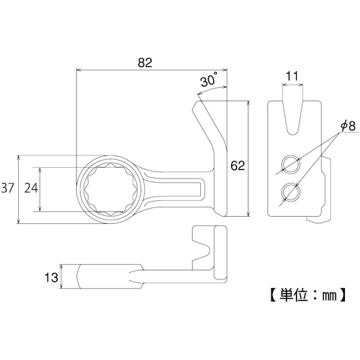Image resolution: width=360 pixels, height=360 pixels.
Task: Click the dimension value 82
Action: [145, 63]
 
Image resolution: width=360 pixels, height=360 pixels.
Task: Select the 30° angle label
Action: [209, 79]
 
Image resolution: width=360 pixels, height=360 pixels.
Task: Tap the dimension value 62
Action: [238, 166]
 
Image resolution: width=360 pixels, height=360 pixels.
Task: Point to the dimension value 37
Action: [8, 188]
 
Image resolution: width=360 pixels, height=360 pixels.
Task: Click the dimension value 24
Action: [31, 188]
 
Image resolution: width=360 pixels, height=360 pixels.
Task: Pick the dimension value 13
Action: [51, 277]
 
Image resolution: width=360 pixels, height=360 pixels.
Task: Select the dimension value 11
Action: [292, 76]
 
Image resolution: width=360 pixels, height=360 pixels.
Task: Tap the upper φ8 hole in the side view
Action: [291, 164]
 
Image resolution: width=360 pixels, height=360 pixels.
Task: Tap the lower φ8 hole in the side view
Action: [291, 192]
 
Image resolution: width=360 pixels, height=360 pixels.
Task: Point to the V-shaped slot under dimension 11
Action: [292, 118]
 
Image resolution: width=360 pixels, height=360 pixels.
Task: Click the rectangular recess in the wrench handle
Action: [175, 189]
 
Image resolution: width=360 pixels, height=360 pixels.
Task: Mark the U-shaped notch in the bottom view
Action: [202, 251]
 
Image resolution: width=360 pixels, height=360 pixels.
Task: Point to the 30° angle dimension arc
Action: [211, 89]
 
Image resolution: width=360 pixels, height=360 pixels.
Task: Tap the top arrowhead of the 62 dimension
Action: [249, 104]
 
